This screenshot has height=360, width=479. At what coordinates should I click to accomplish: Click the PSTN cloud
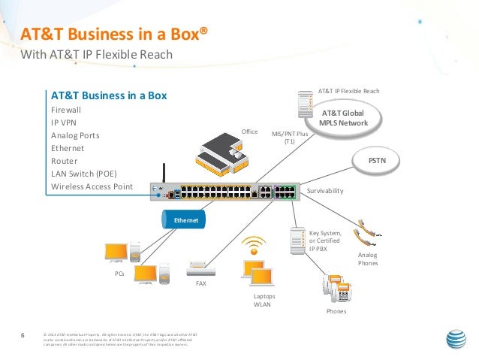377,160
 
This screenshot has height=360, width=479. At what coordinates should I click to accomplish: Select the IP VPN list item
62,123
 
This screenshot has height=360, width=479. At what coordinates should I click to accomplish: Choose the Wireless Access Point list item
92,186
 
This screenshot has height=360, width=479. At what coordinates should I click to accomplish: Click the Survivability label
325,192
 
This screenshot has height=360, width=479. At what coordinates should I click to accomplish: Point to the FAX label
200,284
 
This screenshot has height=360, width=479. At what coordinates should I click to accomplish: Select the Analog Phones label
368,259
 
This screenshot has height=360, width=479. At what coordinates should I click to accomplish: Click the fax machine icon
201,268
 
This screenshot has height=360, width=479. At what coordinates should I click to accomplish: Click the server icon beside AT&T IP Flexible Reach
305,104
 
